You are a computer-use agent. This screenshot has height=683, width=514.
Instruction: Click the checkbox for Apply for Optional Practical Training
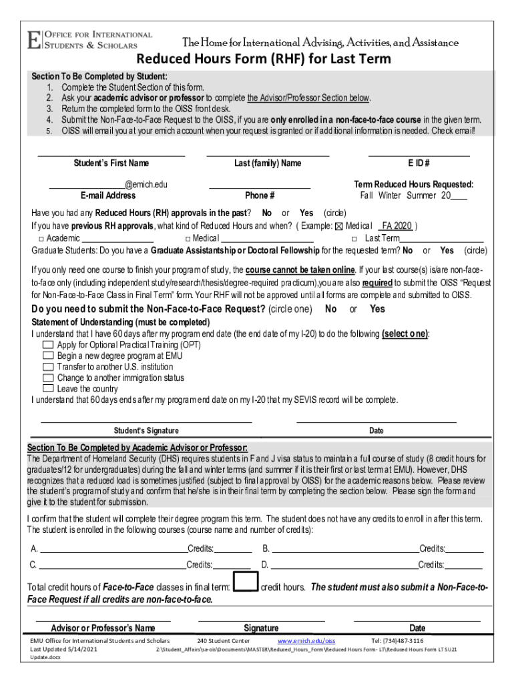click(47, 345)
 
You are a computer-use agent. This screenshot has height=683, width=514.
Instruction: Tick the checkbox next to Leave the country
click(47, 388)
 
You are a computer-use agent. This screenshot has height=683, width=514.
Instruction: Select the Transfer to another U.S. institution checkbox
click(47, 367)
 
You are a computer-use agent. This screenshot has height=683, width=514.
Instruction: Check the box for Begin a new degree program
click(47, 356)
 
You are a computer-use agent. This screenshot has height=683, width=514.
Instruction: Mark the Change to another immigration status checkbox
click(47, 378)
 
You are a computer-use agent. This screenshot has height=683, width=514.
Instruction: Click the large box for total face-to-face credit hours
click(246, 582)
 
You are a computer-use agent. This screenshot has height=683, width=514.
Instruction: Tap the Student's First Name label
click(111, 163)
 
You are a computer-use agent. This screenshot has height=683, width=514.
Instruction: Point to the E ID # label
click(419, 163)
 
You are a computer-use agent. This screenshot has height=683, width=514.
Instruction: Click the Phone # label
click(260, 195)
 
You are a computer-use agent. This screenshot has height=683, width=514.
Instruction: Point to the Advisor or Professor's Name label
click(103, 628)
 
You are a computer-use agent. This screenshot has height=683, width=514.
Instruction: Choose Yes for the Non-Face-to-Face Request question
click(377, 309)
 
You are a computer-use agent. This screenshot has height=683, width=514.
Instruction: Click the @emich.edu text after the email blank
click(146, 184)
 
